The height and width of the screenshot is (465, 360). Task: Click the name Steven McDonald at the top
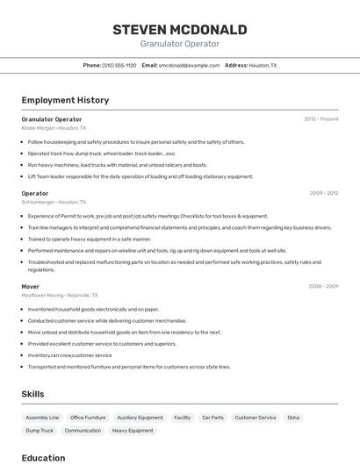coord(179,30)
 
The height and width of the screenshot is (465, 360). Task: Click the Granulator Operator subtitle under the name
coord(179,44)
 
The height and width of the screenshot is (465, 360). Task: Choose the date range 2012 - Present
coord(321,119)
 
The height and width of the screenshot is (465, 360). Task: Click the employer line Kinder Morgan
coord(54,128)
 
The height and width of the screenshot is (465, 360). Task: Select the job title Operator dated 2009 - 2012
coord(35,193)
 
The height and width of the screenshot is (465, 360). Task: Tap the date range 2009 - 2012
coord(324,193)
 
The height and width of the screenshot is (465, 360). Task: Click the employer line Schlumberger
coord(54,202)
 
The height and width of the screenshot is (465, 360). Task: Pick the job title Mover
coord(31,286)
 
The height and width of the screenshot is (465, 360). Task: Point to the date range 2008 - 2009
coord(324,286)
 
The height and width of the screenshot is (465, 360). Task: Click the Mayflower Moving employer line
coord(60,295)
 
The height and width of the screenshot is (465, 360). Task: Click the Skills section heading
coord(32,395)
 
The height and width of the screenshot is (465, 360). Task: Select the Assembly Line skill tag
coord(42,418)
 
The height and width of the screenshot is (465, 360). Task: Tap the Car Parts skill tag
coord(212,418)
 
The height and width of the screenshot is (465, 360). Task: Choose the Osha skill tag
coord(293,418)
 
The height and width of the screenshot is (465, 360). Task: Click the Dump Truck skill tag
coord(40,431)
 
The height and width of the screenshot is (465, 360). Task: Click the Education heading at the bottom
coord(43,458)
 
